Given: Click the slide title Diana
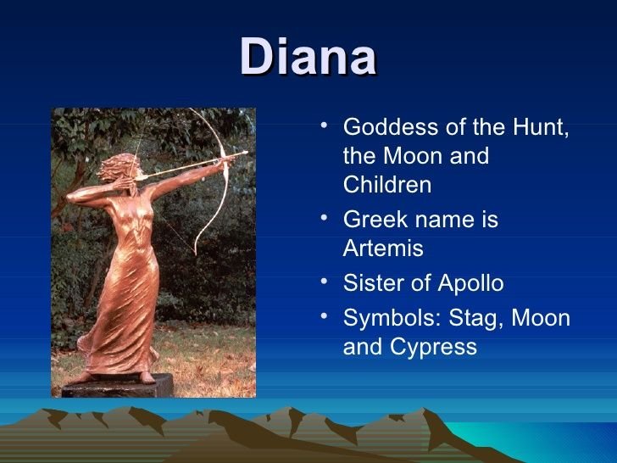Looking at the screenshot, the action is click(x=308, y=56).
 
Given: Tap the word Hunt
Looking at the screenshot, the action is click(x=541, y=127).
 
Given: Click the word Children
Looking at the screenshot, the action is click(x=387, y=184).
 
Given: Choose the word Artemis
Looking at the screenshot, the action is click(x=383, y=248).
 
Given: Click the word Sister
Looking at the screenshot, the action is click(x=374, y=282).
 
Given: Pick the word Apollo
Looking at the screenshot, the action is click(x=470, y=283).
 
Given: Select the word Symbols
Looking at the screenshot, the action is click(x=392, y=318).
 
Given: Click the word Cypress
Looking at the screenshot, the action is click(x=433, y=348).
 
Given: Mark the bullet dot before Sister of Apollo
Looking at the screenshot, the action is click(x=324, y=282).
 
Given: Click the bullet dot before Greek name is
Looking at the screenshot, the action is click(x=324, y=218).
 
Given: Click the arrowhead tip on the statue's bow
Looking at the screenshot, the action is click(x=247, y=152).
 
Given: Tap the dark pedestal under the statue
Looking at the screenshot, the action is click(x=117, y=386).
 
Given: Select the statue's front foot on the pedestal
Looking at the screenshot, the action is click(x=147, y=377).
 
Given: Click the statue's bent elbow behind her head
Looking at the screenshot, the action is click(x=71, y=197).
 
